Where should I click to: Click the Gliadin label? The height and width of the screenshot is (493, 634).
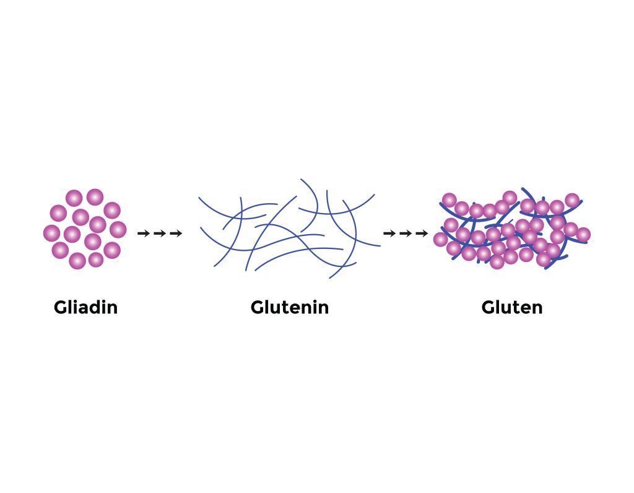click(x=85, y=307)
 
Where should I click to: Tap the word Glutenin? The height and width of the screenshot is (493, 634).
click(x=290, y=307)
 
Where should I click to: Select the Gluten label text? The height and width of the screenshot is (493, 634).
click(x=512, y=307)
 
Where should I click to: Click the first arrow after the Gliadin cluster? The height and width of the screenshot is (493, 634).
click(x=144, y=233)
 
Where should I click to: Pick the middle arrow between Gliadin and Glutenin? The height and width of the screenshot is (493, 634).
click(x=160, y=233)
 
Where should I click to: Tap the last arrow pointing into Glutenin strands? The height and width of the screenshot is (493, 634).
click(x=176, y=233)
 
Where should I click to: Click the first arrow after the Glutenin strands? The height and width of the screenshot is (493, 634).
click(x=389, y=233)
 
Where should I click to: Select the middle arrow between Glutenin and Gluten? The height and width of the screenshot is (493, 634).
click(x=406, y=233)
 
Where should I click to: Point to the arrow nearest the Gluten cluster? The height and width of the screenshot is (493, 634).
click(x=422, y=233)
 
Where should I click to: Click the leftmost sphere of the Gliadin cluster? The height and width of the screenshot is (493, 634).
click(x=52, y=233)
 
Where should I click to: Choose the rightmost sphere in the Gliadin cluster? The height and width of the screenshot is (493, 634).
click(x=118, y=229)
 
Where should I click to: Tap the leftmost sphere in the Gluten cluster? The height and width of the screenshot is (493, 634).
click(x=441, y=240)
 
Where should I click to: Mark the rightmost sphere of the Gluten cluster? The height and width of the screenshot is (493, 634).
click(x=583, y=235)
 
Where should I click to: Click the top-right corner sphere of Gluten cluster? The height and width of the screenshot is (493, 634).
click(x=572, y=200)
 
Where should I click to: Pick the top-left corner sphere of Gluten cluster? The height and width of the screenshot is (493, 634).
click(x=449, y=200)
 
